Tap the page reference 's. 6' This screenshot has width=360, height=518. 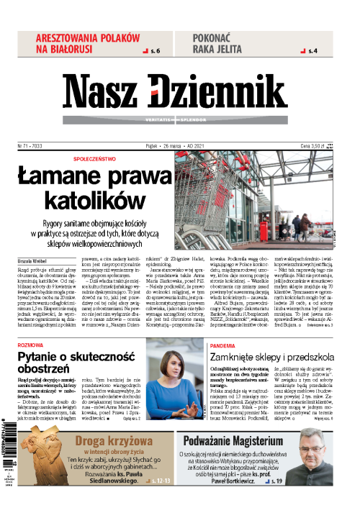[x=152, y=51]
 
